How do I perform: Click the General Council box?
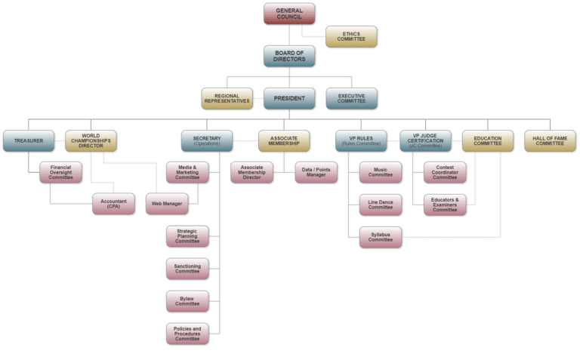pyautogui.click(x=289, y=14)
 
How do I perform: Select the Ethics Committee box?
pyautogui.click(x=350, y=35)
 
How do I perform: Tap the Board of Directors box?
pyautogui.click(x=289, y=57)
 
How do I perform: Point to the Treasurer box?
pyautogui.click(x=28, y=140)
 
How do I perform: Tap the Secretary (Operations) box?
pyautogui.click(x=206, y=140)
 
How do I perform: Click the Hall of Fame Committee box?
pyautogui.click(x=550, y=140)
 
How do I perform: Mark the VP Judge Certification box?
pyautogui.click(x=425, y=140)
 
